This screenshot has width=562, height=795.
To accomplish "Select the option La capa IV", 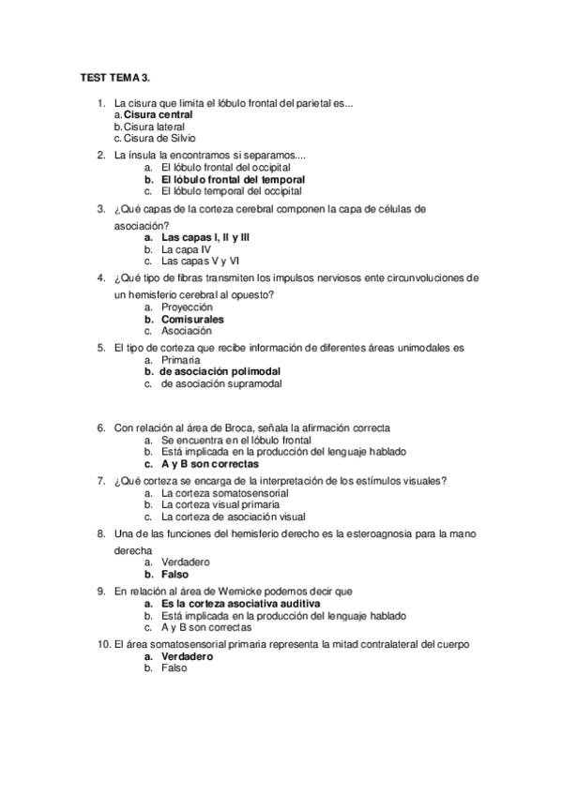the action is pos(187,250).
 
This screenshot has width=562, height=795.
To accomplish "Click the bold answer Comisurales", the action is pos(191,319).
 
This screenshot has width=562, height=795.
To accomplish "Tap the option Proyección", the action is pos(187,307).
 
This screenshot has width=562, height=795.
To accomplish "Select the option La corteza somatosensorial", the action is pos(224,492).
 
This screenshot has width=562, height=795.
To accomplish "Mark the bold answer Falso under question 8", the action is pos(175,574).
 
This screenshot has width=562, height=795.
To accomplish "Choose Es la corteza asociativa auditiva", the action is pos(240,604).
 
